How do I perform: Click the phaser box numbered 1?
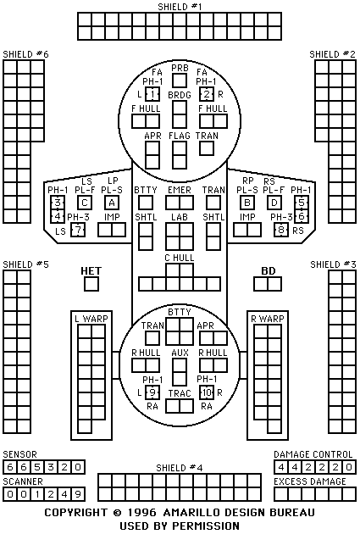(x=152, y=94)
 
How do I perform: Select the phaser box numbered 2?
(x=207, y=94)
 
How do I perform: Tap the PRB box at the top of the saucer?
(x=180, y=81)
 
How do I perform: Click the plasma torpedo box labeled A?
(x=112, y=203)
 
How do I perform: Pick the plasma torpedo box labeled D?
(x=274, y=203)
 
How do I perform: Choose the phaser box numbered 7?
(x=78, y=230)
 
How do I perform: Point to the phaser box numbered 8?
(x=281, y=230)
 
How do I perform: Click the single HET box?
(x=91, y=284)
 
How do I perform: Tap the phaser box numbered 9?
(x=152, y=392)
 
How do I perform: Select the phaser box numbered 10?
(x=207, y=392)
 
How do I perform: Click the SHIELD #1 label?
(x=180, y=7)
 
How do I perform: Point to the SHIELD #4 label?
(x=180, y=468)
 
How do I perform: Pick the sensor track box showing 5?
(x=37, y=467)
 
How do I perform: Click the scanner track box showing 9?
(x=78, y=494)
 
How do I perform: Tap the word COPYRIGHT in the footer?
(x=76, y=513)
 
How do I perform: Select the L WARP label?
(x=91, y=319)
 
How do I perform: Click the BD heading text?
(x=269, y=271)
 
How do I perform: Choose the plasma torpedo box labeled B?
(x=247, y=203)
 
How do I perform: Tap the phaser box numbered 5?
(x=302, y=203)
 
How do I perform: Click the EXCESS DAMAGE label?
(x=310, y=481)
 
